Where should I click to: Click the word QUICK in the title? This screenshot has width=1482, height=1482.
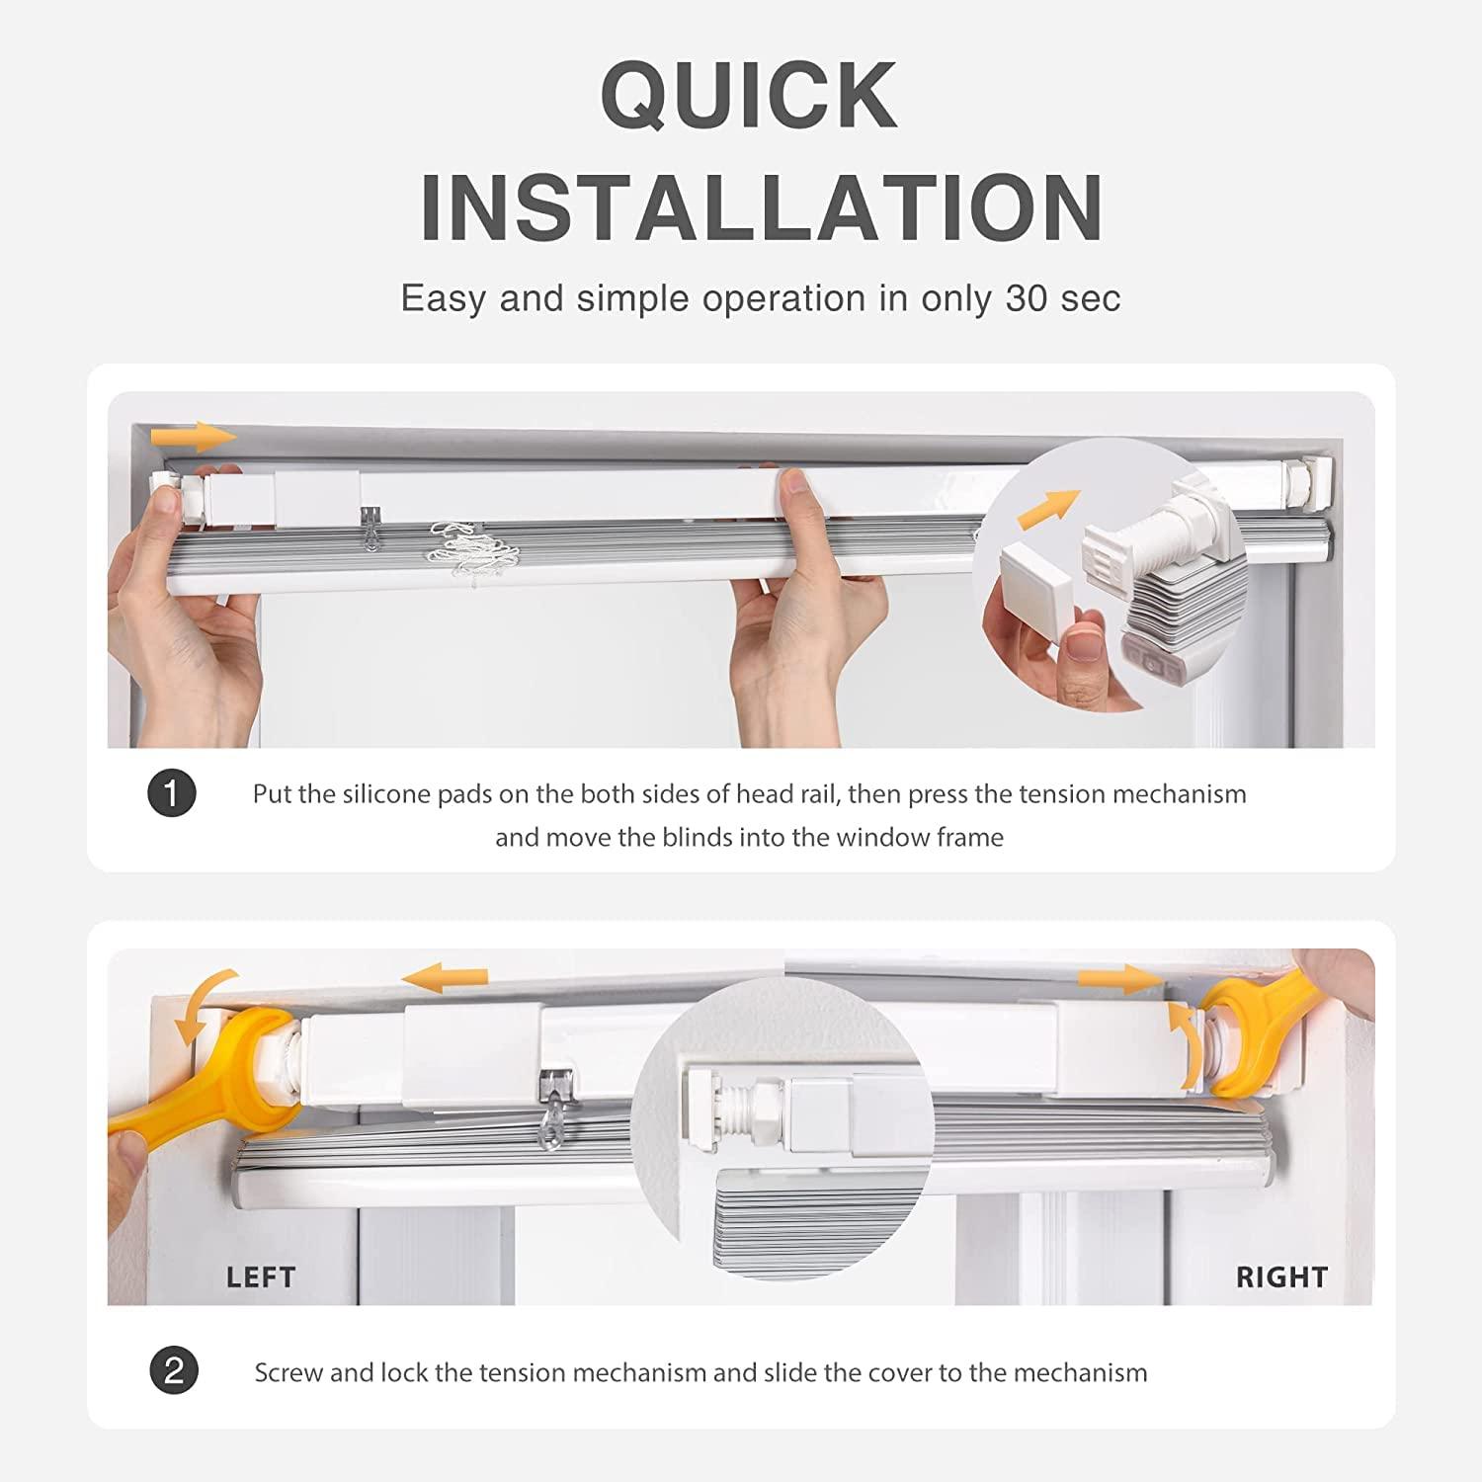749,95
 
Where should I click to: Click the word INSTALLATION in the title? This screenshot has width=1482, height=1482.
762,207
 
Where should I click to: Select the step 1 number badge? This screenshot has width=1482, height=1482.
172,793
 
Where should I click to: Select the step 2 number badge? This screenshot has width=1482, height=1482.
174,1371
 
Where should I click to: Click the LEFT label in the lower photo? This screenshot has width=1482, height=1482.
261,1277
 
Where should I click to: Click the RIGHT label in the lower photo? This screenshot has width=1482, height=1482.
1281,1277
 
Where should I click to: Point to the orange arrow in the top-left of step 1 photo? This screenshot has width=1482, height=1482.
194,437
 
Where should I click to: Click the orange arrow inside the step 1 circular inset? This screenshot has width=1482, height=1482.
1049,510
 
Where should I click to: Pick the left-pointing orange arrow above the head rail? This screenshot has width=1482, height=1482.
445,978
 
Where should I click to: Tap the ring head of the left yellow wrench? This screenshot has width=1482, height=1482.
259,1057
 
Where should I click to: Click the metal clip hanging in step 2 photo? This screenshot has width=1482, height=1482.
556,1099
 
